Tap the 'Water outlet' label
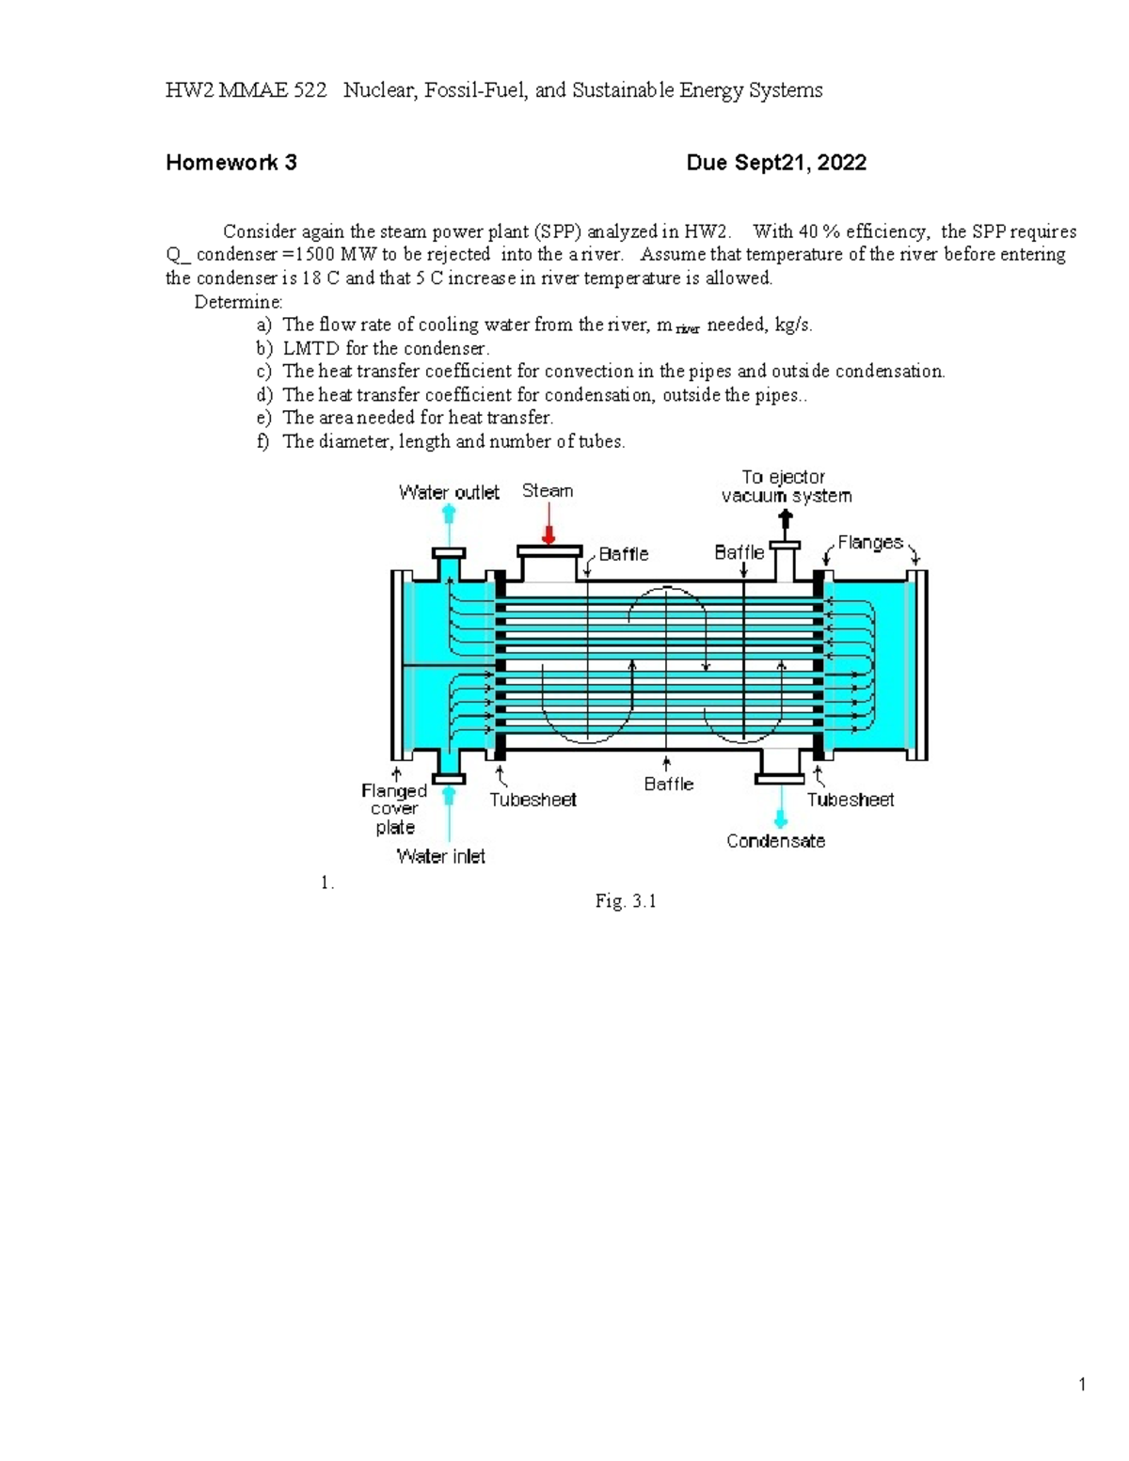coord(449,492)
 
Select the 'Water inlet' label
coord(441,856)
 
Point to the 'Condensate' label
coord(775,841)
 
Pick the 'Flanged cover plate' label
coord(394,809)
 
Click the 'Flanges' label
coord(870,543)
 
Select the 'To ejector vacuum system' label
coord(786,486)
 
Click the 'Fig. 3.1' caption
coord(626,901)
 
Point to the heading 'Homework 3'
coord(231,163)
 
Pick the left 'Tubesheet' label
coord(533,800)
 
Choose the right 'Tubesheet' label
coord(851,800)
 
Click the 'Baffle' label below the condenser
coord(669,784)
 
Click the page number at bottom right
coord(1083,1384)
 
